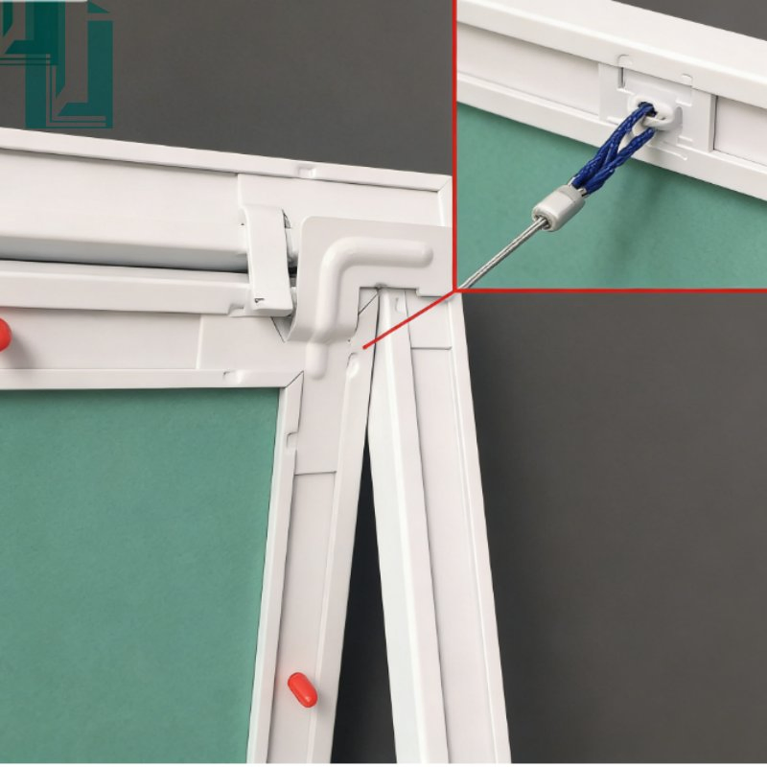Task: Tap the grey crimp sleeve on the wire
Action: click(x=558, y=206)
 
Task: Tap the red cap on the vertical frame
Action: click(x=302, y=689)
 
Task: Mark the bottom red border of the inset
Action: click(x=614, y=290)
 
